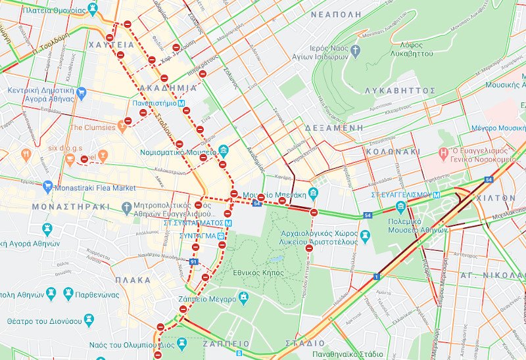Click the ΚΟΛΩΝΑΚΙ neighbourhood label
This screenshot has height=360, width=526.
tap(393, 151)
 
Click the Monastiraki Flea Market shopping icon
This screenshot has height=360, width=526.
tap(47, 187)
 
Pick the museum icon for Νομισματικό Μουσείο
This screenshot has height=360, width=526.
tap(223, 151)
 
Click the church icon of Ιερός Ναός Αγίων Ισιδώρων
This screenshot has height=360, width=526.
tap(356, 50)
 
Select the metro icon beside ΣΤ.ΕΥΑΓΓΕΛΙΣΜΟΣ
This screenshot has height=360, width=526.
tap(436, 195)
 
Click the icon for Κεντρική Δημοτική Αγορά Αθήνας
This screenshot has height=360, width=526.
tap(82, 92)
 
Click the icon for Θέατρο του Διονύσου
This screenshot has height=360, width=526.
tap(88, 321)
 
